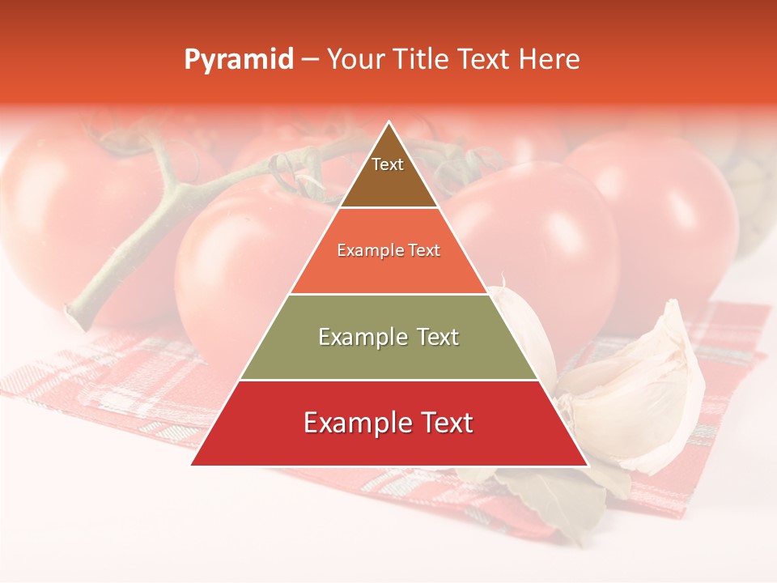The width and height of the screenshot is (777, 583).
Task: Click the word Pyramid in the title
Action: pos(239,60)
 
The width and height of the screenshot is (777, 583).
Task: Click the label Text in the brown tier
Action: pos(388,164)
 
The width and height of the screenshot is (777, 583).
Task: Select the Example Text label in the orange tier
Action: pos(388,250)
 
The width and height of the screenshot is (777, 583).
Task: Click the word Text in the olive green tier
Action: pos(438,337)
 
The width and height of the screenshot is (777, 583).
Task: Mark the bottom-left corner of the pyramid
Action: pos(192,465)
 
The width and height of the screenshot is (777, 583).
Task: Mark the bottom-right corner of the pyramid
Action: pos(588,465)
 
